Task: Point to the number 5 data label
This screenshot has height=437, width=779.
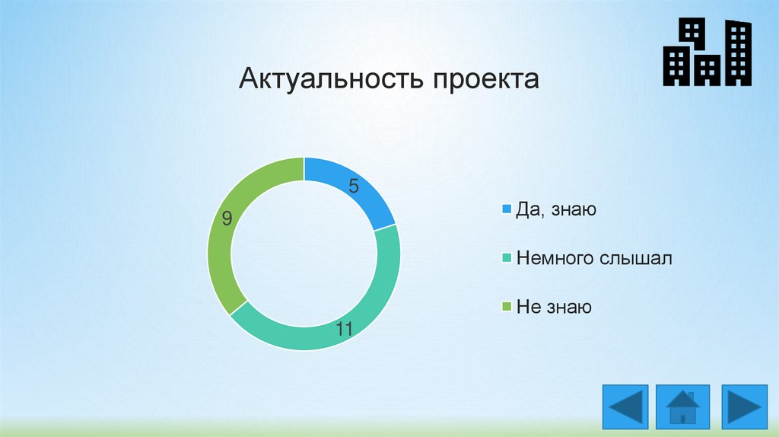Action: point(353,186)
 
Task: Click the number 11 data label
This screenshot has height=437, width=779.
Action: point(345,329)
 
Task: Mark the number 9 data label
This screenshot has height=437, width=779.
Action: point(227,218)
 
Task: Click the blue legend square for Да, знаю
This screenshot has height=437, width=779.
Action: point(507,209)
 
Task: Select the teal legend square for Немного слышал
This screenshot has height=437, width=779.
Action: point(507,258)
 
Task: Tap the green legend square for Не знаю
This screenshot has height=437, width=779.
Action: point(507,307)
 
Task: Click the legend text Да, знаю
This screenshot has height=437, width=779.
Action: point(556,209)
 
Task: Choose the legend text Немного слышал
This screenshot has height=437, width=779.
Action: point(594,258)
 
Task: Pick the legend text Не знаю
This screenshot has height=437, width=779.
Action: point(554,307)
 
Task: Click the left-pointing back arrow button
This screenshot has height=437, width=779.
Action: point(625,407)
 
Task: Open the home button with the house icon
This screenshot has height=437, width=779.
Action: point(682,407)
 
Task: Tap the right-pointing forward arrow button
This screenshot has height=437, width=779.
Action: point(744,407)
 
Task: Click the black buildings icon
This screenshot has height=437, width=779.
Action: point(707,52)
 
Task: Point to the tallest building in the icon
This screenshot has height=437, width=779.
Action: point(738,53)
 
